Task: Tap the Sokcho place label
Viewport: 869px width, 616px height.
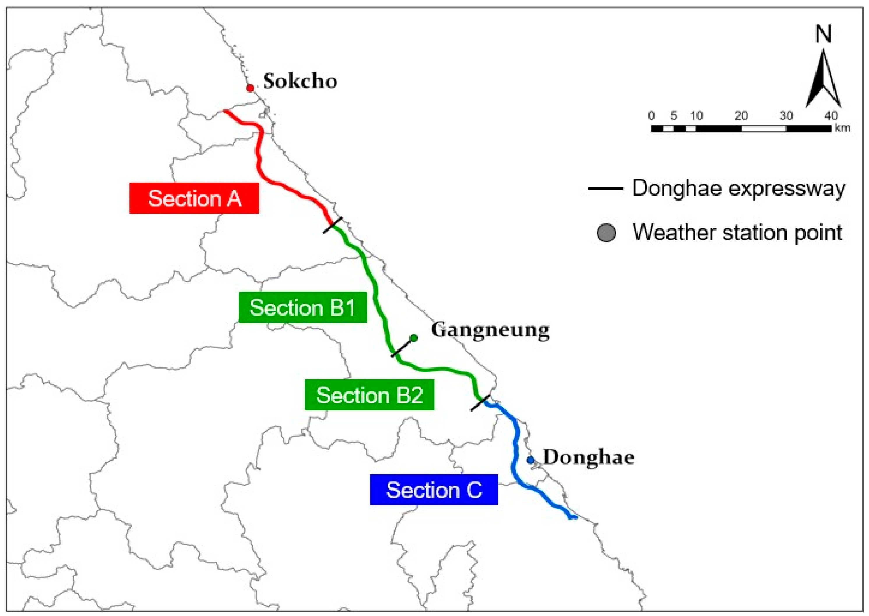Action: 300,81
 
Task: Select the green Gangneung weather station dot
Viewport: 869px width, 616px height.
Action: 414,338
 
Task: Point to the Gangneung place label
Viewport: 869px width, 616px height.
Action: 490,330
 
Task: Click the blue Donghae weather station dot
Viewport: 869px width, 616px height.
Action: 530,460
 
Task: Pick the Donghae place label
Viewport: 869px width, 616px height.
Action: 588,457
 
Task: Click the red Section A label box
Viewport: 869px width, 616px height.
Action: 194,198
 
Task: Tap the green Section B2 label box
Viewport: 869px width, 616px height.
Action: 370,395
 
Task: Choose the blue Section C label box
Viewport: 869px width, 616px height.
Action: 434,490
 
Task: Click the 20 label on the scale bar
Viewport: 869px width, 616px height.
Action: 741,116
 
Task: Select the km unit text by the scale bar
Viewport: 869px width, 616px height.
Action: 842,128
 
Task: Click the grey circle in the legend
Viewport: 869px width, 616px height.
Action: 606,233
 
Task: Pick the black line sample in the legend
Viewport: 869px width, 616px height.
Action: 606,188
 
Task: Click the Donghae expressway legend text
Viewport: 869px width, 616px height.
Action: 738,188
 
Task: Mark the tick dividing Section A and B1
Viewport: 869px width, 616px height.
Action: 333,225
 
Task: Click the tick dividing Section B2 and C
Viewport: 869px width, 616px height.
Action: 480,403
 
